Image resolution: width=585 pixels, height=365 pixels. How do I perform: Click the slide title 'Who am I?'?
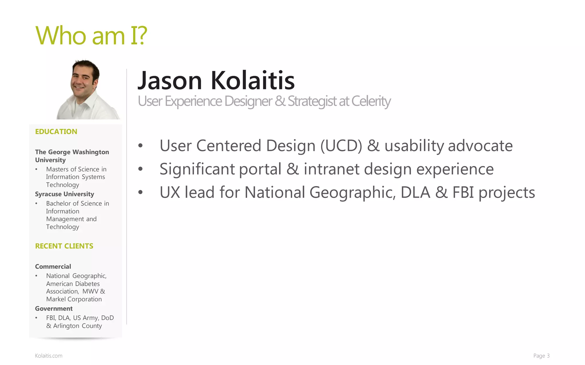pos(91,36)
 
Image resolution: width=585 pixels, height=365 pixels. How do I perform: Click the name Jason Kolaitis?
pos(216,80)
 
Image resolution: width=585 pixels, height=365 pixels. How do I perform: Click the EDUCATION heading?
pos(56,131)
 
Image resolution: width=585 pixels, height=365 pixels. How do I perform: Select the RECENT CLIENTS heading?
pos(64,246)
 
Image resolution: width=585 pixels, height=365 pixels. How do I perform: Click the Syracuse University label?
pos(64,194)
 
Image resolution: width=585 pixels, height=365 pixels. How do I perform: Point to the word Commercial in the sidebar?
pos(53,266)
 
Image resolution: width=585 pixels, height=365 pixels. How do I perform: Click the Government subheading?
pos(54,309)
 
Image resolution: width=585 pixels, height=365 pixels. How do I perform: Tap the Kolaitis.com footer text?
pos(49,356)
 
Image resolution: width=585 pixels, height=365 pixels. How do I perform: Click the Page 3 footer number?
pos(541,356)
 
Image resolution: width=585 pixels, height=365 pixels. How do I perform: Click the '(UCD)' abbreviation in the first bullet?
pos(341,146)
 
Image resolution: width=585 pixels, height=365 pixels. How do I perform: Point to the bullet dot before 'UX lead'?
pos(140,192)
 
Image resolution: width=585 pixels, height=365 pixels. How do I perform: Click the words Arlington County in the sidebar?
pos(77,326)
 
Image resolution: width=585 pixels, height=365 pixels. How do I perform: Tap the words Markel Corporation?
pos(74,299)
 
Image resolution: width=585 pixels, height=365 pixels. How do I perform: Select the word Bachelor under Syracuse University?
pos(59,203)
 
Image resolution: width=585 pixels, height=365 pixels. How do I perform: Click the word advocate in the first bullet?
pos(480,146)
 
